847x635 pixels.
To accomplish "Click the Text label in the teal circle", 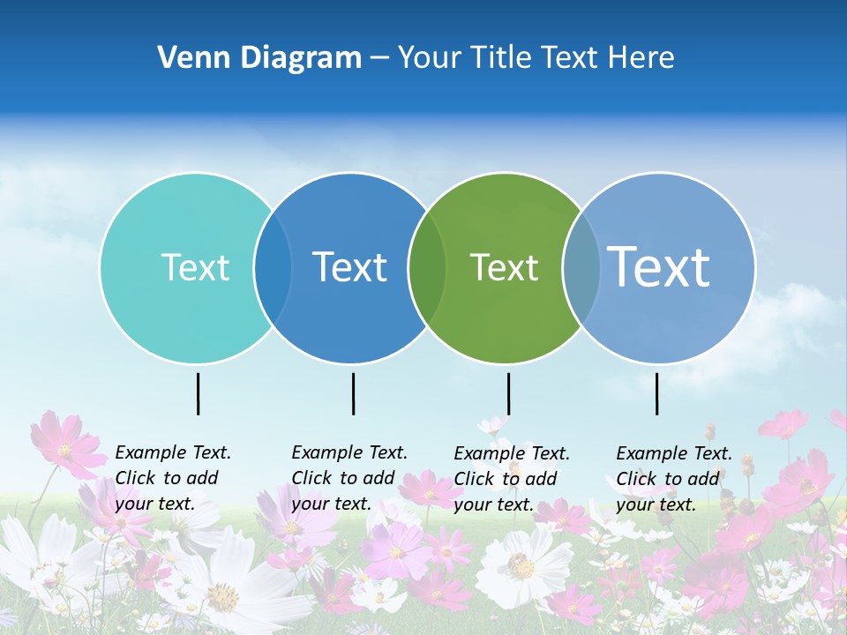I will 195,268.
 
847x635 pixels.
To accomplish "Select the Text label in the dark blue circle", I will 350,268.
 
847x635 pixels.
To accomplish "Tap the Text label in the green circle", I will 504,268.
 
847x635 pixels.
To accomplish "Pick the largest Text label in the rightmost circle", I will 659,266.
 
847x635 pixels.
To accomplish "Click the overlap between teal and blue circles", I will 273,268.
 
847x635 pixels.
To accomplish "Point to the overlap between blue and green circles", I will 428,268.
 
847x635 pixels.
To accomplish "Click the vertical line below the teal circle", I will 198,393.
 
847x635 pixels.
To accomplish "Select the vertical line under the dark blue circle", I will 353,393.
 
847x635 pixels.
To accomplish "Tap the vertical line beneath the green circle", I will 508,393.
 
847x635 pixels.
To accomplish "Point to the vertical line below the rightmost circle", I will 656,393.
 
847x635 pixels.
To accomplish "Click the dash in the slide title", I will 379,58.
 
